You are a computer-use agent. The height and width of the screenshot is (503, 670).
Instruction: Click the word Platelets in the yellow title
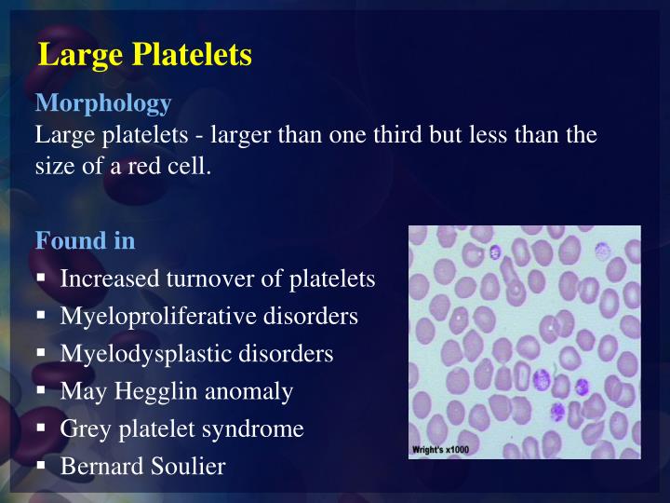click(x=192, y=55)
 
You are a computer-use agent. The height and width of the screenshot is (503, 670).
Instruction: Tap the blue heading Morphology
click(x=102, y=103)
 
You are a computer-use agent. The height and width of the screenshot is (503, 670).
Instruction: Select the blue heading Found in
click(x=85, y=240)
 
